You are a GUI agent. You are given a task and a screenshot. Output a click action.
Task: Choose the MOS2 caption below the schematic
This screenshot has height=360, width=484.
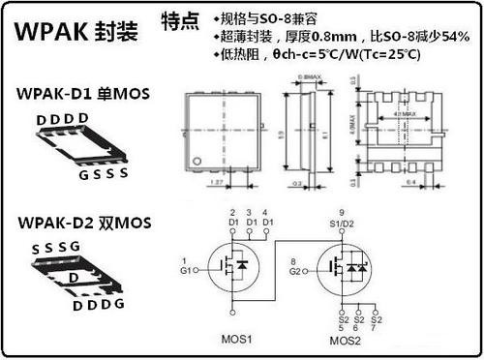(346, 340)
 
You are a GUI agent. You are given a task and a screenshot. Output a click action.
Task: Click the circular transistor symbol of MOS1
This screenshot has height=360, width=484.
(232, 267)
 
